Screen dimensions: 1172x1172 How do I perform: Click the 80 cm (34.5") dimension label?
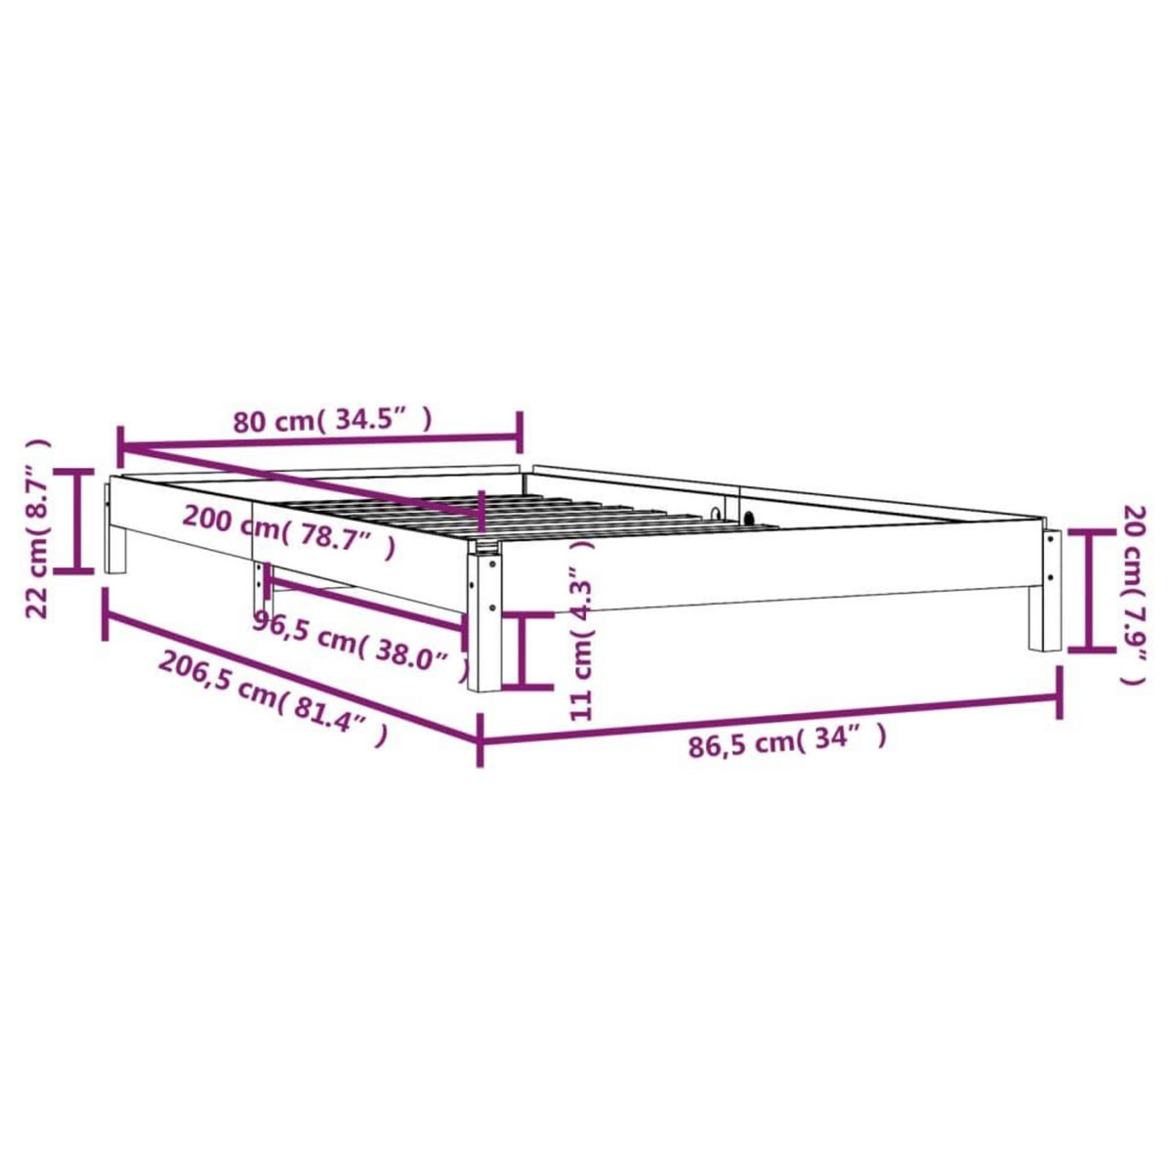pyautogui.click(x=332, y=421)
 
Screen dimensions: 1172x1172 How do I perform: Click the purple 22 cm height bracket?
pyautogui.click(x=79, y=520)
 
